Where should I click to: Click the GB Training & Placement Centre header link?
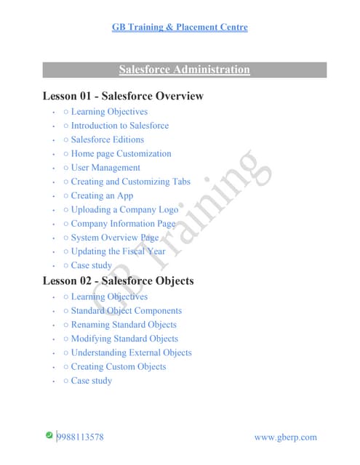click(x=180, y=28)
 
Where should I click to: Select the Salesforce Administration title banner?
click(x=183, y=70)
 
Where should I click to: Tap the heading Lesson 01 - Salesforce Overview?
click(x=123, y=96)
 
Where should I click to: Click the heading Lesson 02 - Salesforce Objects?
click(x=118, y=280)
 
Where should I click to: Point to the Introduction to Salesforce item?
click(x=119, y=126)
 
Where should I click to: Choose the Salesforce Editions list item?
click(x=107, y=139)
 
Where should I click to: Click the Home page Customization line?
click(x=121, y=153)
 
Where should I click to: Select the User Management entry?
click(x=106, y=168)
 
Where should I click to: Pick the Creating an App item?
click(x=102, y=195)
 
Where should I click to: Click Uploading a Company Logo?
click(x=124, y=209)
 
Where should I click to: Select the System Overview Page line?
click(x=114, y=238)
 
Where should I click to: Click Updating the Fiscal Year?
click(x=118, y=251)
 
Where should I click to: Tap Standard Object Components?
click(x=126, y=311)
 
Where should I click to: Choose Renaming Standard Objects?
click(x=124, y=325)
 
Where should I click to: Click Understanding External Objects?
click(x=131, y=352)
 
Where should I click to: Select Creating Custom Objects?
click(x=118, y=366)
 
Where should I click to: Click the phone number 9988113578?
click(x=80, y=437)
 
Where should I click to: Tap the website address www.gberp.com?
click(x=286, y=437)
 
